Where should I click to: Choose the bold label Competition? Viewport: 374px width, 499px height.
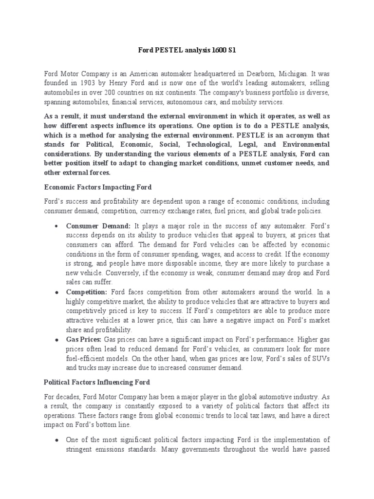click(x=87, y=292)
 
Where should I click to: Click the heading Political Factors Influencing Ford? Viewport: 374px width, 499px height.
click(x=97, y=382)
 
